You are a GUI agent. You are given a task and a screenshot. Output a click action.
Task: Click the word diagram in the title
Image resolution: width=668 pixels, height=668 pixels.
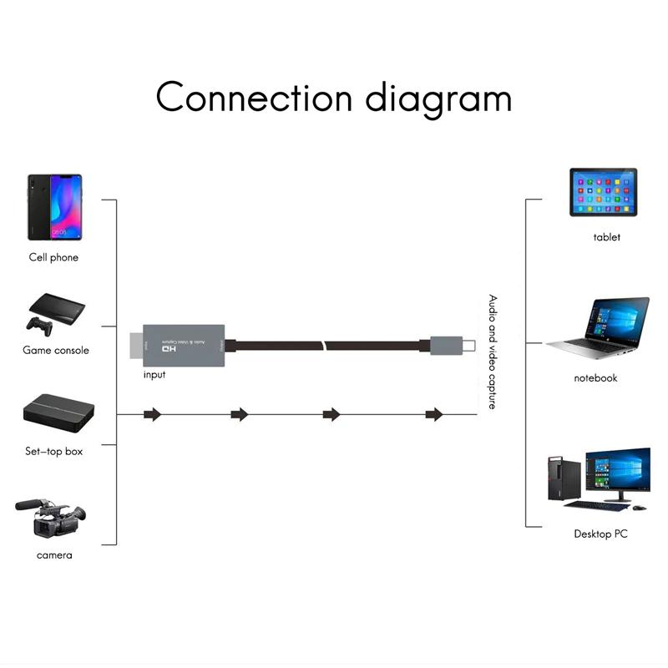coord(438,99)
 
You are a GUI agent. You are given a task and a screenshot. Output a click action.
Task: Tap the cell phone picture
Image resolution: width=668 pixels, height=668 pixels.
coord(54,206)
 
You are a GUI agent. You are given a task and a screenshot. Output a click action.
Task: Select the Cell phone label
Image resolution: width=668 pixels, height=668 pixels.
coord(53,257)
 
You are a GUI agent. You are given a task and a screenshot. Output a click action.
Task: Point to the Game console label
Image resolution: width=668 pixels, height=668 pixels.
coord(56,350)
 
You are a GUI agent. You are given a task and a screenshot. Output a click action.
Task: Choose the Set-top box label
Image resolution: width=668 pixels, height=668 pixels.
coord(53,452)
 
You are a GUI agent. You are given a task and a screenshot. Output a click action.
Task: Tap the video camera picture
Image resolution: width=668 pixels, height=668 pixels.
coord(51,518)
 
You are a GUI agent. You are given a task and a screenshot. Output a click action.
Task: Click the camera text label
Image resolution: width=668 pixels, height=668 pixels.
coord(54,555)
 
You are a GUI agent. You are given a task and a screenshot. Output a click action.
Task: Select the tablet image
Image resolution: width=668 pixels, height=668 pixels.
coord(603,192)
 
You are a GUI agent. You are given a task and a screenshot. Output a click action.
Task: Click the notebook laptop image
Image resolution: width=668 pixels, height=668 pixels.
coord(599,328)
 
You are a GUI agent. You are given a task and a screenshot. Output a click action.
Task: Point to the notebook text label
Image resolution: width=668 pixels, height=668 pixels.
coord(595,378)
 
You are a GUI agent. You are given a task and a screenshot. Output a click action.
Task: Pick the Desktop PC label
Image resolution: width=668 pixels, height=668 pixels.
coord(600,534)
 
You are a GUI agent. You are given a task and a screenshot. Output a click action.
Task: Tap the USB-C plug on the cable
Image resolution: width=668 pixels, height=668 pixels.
coord(452,345)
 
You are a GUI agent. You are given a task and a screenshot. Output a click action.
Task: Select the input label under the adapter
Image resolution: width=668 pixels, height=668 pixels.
coord(154,375)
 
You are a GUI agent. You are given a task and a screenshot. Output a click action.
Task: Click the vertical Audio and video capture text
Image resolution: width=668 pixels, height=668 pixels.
coord(493,352)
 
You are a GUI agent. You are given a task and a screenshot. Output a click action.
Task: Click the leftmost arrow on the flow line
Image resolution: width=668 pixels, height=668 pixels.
coord(151,414)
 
